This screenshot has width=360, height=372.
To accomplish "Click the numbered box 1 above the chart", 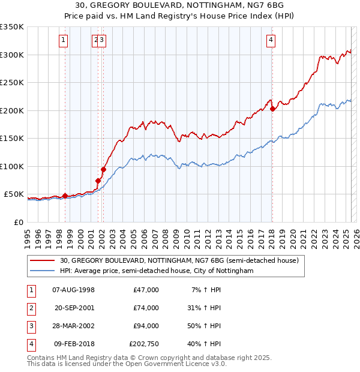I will click(64, 40).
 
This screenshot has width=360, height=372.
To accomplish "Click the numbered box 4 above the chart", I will click(271, 40).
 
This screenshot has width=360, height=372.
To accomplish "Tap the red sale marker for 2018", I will click(272, 109).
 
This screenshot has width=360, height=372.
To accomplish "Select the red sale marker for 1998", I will click(65, 196).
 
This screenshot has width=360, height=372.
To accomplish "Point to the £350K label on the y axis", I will click(12, 27).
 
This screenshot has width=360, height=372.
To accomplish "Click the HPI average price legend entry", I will click(157, 271).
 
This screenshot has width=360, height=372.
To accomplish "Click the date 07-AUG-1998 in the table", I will click(74, 290).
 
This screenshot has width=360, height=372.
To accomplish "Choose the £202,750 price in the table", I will click(144, 344).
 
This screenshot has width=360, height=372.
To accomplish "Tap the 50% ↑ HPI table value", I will click(203, 326).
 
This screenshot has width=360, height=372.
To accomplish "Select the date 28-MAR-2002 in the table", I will click(74, 326).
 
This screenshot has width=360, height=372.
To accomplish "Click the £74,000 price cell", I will click(146, 308).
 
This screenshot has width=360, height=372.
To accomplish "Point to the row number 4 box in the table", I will click(31, 344).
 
